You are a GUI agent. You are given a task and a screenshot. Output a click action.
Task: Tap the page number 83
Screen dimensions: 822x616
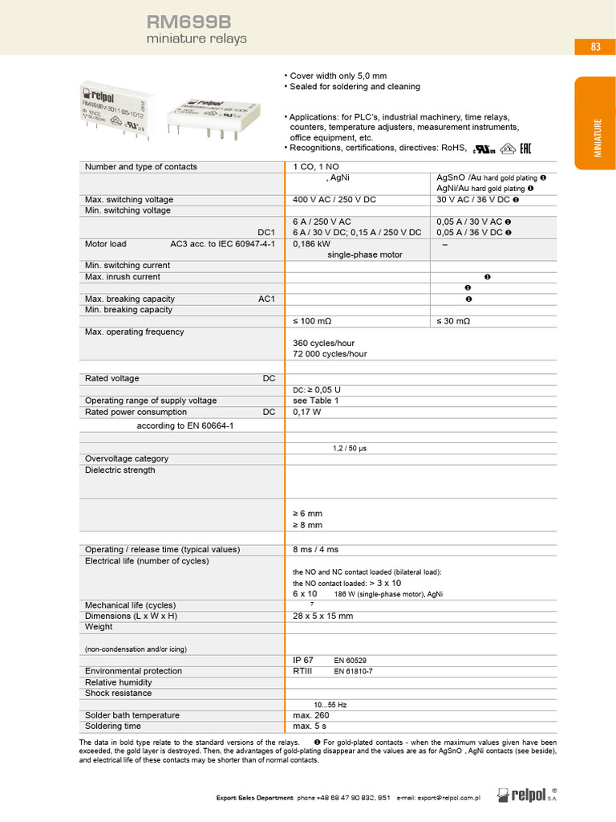tap(595, 47)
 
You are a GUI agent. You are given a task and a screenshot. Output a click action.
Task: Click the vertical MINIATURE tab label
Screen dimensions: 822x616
tap(597, 137)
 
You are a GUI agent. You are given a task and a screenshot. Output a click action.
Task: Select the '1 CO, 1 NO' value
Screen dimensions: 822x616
tap(317, 167)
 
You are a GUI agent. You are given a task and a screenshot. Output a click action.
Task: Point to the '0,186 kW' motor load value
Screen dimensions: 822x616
tap(311, 244)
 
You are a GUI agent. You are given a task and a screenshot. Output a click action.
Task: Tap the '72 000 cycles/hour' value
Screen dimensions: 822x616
tap(330, 354)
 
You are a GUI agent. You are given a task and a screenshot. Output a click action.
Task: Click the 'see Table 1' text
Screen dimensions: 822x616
tap(316, 401)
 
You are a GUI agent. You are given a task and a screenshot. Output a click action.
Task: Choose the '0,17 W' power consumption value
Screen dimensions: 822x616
tap(307, 412)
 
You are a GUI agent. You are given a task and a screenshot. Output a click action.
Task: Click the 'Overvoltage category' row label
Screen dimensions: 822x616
tap(127, 459)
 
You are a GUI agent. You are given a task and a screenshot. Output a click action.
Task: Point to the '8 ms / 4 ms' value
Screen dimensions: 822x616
tap(316, 550)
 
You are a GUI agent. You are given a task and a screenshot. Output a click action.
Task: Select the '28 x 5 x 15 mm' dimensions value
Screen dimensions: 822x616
tap(323, 616)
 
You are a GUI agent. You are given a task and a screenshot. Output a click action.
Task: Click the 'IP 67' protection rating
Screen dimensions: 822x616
tap(303, 660)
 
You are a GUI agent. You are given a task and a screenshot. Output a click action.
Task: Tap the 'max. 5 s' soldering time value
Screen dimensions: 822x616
tap(310, 726)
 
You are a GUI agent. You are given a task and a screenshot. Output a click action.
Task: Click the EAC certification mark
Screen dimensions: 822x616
tap(526, 148)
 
